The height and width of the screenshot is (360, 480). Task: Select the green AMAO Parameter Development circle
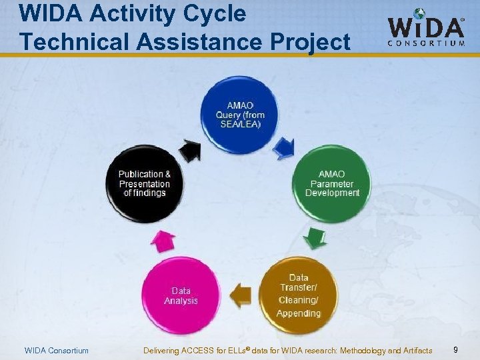[x=332, y=183]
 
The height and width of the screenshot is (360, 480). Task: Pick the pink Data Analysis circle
[x=181, y=295]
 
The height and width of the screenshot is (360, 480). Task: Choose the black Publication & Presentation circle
[x=145, y=183]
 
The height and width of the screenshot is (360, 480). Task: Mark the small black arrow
[x=191, y=151]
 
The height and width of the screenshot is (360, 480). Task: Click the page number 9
[x=455, y=350]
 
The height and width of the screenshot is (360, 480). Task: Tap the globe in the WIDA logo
[x=419, y=14]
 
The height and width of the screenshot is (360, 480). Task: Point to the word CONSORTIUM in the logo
[x=426, y=43]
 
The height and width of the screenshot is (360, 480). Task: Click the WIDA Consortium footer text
[x=56, y=351]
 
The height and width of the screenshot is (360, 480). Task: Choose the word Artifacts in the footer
[x=414, y=351]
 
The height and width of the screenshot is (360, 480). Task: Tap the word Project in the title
[x=311, y=41]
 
